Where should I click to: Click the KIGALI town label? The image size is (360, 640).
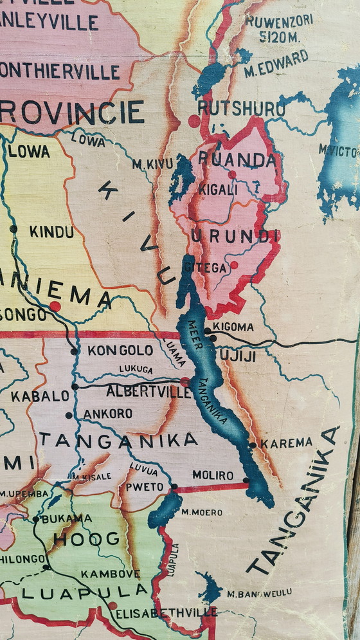pos(217,189)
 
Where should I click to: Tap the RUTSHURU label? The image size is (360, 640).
pos(241,108)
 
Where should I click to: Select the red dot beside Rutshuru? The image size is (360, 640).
pos(194,120)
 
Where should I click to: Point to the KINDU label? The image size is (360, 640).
pos(51,232)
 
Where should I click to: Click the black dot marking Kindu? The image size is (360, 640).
pos(14,228)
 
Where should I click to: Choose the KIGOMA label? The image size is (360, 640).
pos(233,327)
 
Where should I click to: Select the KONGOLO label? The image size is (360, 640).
pos(120,351)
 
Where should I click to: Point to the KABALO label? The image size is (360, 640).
pos(40,396)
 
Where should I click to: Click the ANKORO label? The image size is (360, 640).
pos(107,414)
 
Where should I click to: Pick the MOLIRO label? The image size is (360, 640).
pos(213,475)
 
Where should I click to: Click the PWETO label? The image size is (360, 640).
pos(145,486)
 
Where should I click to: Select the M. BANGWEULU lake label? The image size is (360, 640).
pos(259,592)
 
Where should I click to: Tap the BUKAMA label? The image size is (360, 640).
pos(66,518)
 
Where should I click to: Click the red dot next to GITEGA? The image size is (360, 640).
pos(233,264)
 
